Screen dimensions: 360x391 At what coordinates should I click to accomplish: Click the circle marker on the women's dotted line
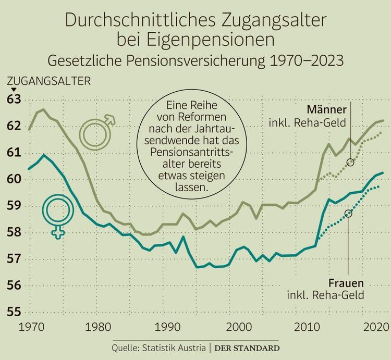(x=348, y=213)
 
